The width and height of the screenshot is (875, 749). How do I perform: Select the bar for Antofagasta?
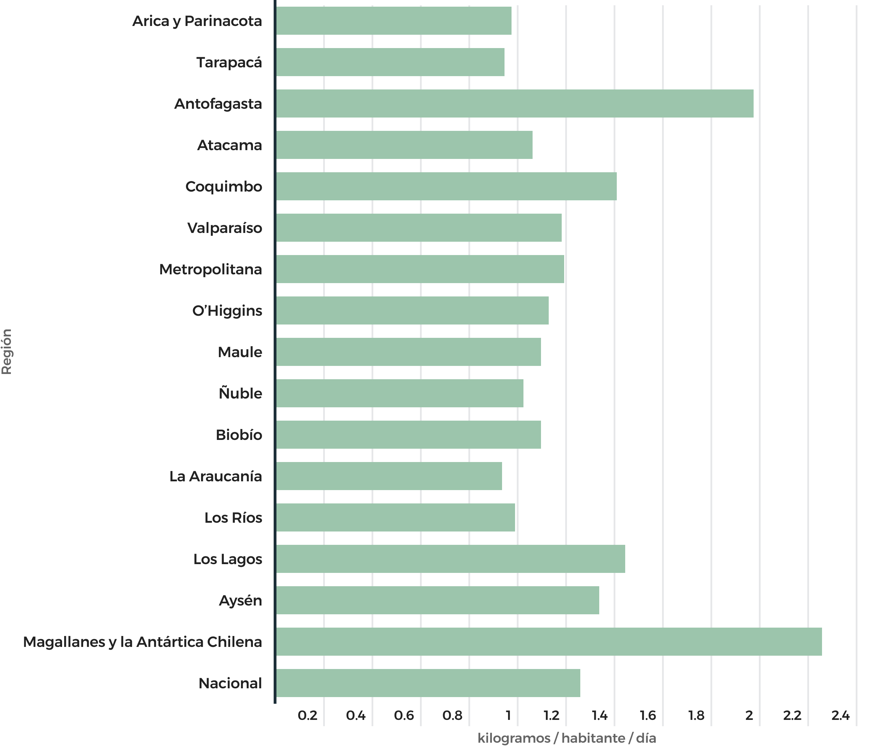[x=514, y=103]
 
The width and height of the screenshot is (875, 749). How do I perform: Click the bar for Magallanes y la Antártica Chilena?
[x=549, y=641]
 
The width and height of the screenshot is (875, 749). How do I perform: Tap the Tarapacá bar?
[x=390, y=62]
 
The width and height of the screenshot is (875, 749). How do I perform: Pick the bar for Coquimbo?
[x=446, y=186]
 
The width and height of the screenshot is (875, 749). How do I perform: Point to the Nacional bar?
[x=428, y=683]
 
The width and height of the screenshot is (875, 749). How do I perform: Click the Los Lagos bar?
[x=450, y=559]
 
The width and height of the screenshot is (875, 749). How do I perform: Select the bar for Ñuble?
[x=400, y=393]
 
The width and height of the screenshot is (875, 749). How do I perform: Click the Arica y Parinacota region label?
[x=197, y=21]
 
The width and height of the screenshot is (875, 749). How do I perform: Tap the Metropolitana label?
[x=210, y=269]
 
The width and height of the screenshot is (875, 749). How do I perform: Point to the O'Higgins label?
[x=227, y=311]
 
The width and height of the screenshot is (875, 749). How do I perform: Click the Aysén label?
[x=240, y=600]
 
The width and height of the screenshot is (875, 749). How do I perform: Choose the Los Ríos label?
[x=233, y=517]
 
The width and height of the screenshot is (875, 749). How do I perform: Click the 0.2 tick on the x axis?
[x=307, y=715]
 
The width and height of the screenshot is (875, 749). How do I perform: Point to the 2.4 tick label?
[x=840, y=715]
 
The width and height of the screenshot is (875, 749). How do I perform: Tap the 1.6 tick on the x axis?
[x=648, y=715]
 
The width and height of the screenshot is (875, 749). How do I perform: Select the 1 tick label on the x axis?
[x=508, y=715]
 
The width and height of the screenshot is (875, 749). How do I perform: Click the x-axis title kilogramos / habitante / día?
[x=567, y=738]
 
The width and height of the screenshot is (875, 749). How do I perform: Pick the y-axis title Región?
[x=7, y=351]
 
